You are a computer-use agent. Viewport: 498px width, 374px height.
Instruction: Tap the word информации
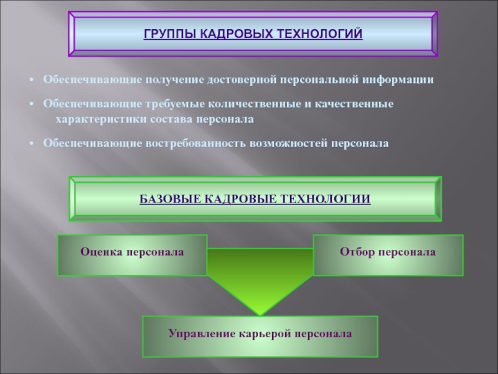398,80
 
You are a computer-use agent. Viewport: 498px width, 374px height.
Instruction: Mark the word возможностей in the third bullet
288,143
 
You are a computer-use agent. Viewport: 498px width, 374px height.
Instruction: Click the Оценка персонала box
133,255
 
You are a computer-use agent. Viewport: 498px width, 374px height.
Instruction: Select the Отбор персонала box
388,255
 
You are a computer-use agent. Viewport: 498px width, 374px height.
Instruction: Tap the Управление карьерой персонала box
260,337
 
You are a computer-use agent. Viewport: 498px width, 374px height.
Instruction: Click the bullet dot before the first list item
31,80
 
